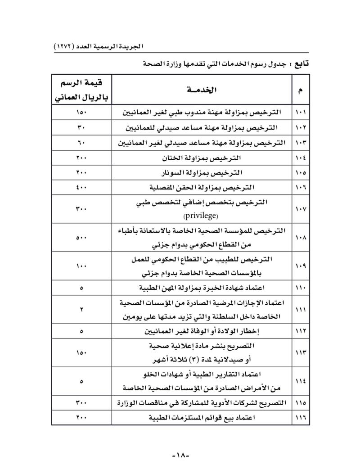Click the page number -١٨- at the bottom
182,455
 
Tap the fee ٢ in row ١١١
81,309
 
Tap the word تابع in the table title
296,64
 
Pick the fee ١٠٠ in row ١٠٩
81,266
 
